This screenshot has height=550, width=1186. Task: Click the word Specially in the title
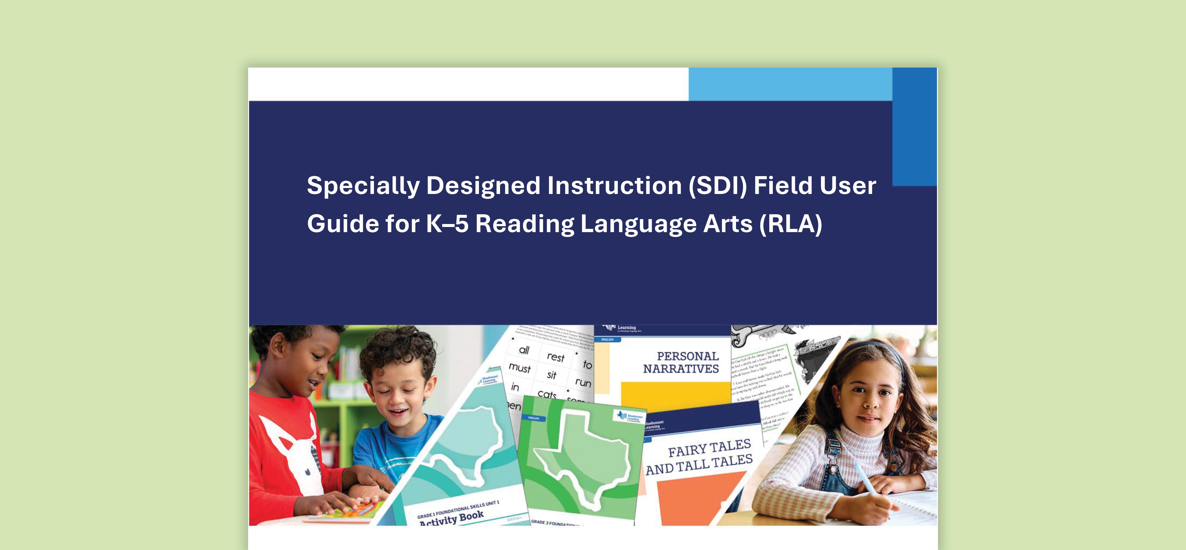point(363,186)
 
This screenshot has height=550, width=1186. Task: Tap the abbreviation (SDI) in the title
point(718,186)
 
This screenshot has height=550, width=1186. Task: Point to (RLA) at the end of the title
point(790,224)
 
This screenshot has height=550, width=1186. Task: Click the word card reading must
point(520,368)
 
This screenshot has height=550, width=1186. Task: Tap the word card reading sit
point(551,375)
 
